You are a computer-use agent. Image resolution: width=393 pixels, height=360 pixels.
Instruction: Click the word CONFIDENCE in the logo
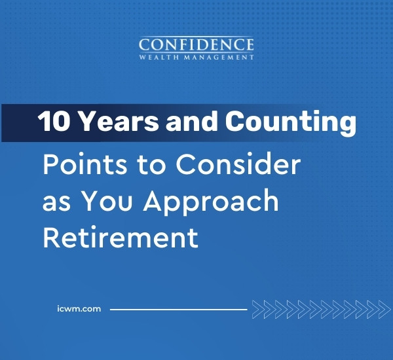point(196,45)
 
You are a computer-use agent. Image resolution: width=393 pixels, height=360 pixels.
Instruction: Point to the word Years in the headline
point(109,122)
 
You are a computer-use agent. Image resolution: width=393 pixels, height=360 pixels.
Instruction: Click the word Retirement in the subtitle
point(120,238)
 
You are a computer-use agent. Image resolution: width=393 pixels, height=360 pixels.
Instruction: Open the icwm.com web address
point(79,308)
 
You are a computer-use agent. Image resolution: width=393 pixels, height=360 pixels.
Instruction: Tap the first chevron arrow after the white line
point(256,308)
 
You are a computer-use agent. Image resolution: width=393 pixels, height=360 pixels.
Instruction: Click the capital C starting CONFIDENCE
point(145,45)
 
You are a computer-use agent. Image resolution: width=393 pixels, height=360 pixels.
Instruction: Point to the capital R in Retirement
point(51,238)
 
